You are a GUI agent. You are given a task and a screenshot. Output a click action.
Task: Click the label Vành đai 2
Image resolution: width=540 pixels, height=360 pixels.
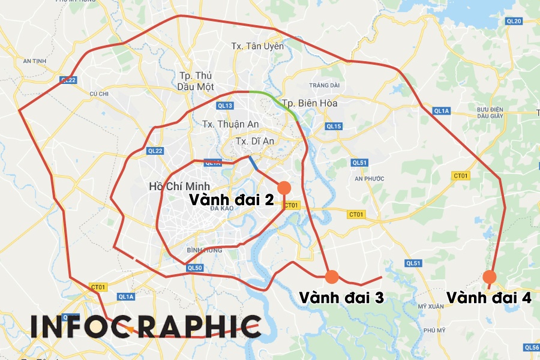(x=232, y=199)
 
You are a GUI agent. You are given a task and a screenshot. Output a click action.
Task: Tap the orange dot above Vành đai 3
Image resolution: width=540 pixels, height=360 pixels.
(x=332, y=277)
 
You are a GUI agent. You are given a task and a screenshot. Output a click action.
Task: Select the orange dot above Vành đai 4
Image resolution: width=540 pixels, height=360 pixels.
(x=490, y=277)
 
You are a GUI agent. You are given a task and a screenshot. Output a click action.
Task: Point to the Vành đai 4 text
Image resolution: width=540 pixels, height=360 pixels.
(x=488, y=298)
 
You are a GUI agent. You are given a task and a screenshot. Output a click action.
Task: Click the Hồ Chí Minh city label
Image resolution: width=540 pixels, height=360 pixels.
(x=178, y=186)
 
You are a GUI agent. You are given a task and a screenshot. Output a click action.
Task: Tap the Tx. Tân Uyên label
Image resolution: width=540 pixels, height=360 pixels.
(x=257, y=46)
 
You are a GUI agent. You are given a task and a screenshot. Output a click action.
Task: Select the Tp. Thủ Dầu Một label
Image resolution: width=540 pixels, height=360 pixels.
(x=197, y=80)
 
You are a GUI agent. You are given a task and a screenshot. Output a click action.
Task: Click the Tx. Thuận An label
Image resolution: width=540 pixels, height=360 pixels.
(x=225, y=124)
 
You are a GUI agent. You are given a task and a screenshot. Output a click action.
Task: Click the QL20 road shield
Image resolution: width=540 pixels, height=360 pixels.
(x=514, y=21)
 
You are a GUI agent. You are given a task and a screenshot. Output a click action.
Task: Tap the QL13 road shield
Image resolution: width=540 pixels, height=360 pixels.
(x=225, y=106)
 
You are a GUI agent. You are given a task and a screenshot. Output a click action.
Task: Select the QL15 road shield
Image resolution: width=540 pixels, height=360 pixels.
(x=334, y=126)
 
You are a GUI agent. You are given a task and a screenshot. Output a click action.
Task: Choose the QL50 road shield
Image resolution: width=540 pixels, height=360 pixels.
(x=194, y=268)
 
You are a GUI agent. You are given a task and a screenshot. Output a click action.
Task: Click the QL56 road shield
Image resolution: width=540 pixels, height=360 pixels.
(x=532, y=347)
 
